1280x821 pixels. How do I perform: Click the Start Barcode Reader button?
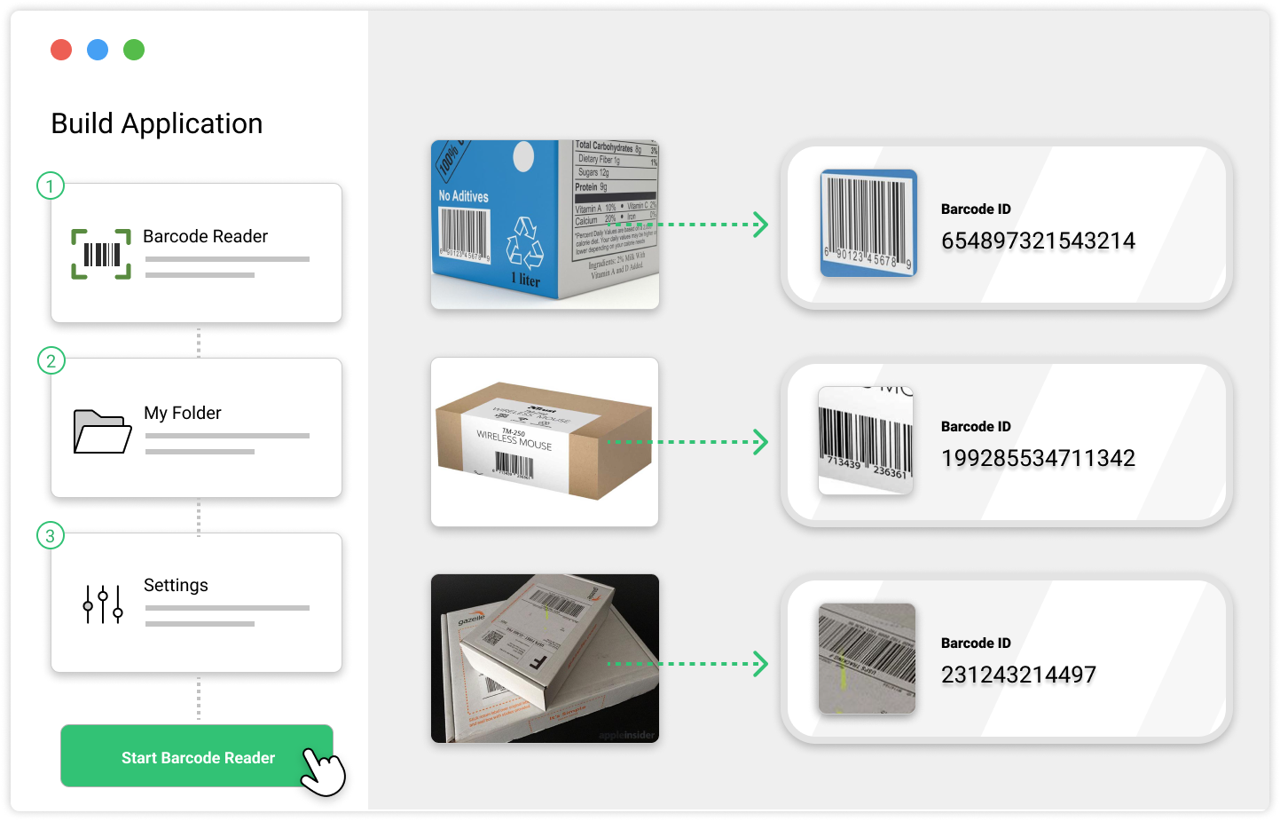pos(197,757)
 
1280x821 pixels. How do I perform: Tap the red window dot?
pos(61,50)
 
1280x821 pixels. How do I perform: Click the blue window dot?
pos(98,50)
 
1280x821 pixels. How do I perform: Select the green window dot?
pos(134,50)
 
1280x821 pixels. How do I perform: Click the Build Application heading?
pos(157,123)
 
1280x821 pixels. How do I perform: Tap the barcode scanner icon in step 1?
pos(101,255)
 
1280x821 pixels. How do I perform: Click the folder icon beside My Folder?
pos(102,431)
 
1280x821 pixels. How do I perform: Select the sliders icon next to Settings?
pos(103,604)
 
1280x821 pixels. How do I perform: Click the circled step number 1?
pos(51,186)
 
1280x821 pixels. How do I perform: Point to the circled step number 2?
pos(51,360)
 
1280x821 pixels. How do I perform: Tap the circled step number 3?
pos(51,535)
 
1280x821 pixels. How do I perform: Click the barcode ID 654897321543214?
pos(1038,241)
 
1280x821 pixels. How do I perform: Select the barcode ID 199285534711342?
pos(1038,458)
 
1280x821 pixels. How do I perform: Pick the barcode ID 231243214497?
pos(1018,675)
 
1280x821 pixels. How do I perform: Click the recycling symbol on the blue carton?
pos(524,243)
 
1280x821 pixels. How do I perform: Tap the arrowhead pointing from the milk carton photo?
pos(759,225)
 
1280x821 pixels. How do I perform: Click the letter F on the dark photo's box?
pos(538,661)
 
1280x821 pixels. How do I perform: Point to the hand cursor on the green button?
pos(321,770)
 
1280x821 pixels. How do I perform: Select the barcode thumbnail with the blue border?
pos(868,223)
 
